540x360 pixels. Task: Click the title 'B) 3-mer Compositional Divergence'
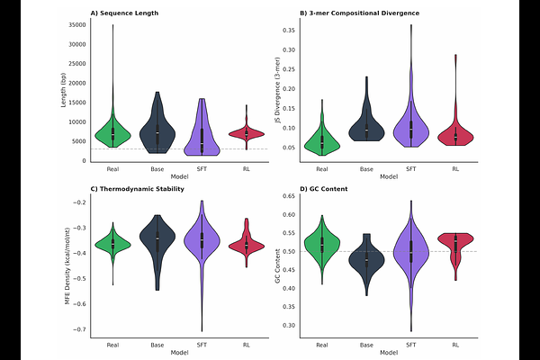coord(354,13)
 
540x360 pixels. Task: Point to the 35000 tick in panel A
coord(75,25)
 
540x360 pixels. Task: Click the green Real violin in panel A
coord(112,131)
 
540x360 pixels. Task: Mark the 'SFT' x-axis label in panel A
coord(202,168)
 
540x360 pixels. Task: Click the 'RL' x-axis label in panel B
coord(456,168)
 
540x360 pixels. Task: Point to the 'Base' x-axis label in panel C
coord(157,345)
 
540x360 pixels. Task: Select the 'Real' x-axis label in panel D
coord(321,345)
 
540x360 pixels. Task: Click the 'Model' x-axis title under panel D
coord(389,353)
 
